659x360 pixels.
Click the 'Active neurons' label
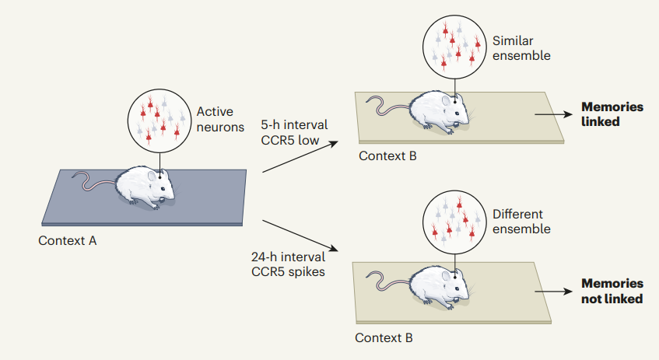click(x=220, y=119)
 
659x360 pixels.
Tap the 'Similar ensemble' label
click(x=521, y=48)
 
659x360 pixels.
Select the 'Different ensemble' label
click(x=521, y=222)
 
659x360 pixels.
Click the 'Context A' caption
click(x=67, y=241)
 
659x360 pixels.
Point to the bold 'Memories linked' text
click(x=612, y=114)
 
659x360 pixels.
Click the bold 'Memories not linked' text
click(x=612, y=291)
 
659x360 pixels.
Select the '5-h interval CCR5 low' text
click(x=294, y=132)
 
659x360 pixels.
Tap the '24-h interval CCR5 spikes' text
click(x=289, y=264)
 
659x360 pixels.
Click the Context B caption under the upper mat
click(x=387, y=156)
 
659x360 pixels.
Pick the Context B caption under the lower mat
click(x=384, y=337)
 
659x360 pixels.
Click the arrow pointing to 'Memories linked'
click(x=553, y=114)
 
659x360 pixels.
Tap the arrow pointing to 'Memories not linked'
click(x=553, y=292)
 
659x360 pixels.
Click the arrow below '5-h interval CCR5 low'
click(x=300, y=157)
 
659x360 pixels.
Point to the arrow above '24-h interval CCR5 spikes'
click(x=300, y=236)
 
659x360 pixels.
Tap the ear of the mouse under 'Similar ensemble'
click(x=446, y=101)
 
